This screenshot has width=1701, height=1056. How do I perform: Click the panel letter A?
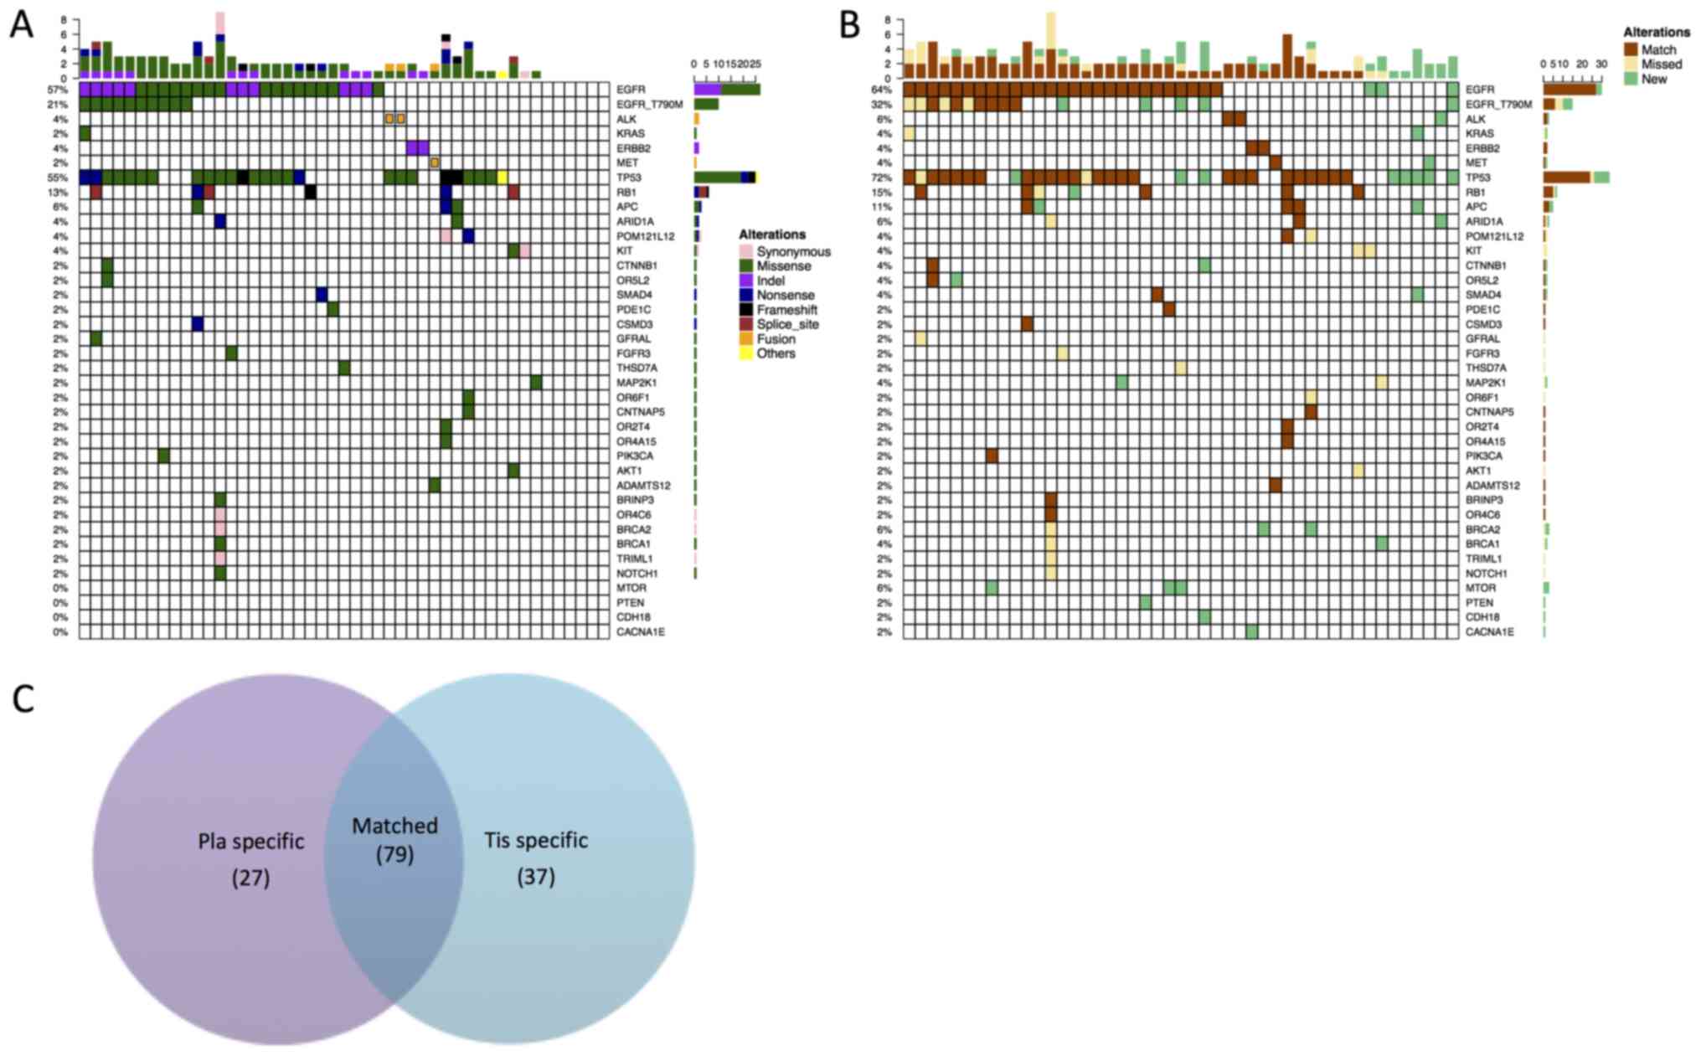pos(21,25)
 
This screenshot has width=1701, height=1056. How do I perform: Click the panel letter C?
pos(23,698)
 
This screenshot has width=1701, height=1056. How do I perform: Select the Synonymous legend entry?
pos(792,251)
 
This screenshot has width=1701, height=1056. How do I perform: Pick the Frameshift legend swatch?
pos(746,310)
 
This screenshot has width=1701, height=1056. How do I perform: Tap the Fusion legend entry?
pos(776,339)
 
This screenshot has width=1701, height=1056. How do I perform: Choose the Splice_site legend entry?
pos(787,324)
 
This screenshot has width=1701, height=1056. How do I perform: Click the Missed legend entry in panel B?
pos(1661,64)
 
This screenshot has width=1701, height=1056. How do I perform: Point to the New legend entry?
pos(1653,79)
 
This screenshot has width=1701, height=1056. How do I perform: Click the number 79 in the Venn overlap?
pos(394,854)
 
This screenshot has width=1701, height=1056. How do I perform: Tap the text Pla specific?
pos(250,841)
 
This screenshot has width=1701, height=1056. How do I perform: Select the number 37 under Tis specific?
pos(536,877)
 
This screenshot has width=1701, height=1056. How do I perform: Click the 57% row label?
pos(59,90)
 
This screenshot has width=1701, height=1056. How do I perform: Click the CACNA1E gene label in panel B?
pos(1489,632)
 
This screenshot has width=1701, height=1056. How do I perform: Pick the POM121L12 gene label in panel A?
pos(645,236)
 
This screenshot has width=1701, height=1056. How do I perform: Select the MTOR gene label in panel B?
pos(1480,588)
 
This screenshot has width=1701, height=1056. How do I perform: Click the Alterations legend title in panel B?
pos(1656,32)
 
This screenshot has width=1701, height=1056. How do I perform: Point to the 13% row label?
pos(59,193)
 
